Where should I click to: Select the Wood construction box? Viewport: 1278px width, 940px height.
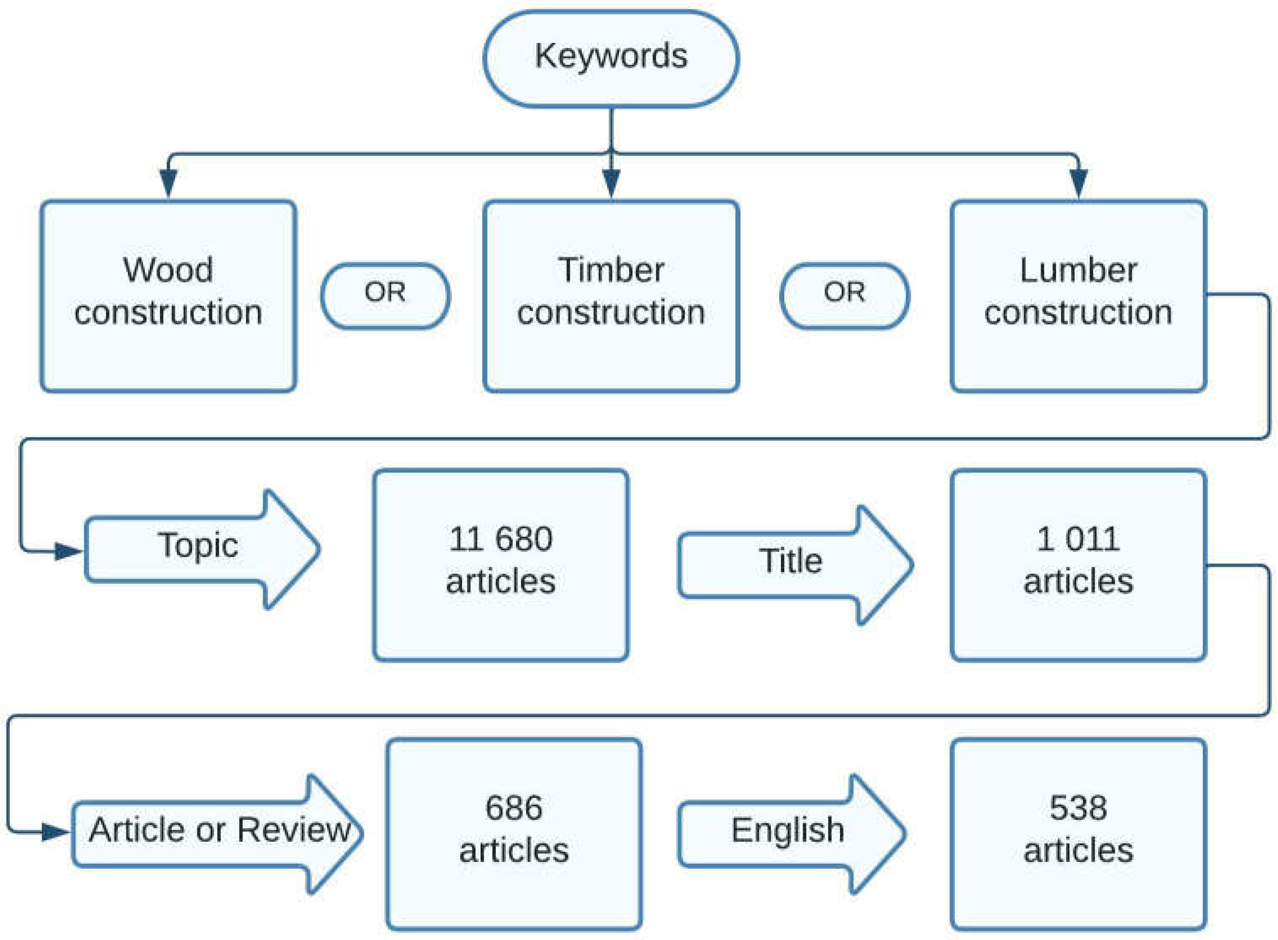(x=168, y=296)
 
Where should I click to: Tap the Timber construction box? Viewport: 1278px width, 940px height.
(x=611, y=296)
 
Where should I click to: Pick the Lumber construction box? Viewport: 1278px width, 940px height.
(x=1078, y=296)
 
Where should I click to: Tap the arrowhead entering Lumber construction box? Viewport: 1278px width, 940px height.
(x=1078, y=183)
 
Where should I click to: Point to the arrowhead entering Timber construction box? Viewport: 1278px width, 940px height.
(x=611, y=183)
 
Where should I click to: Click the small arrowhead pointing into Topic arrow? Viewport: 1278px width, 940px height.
(x=68, y=551)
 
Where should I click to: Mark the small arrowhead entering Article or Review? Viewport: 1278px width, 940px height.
(x=55, y=833)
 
